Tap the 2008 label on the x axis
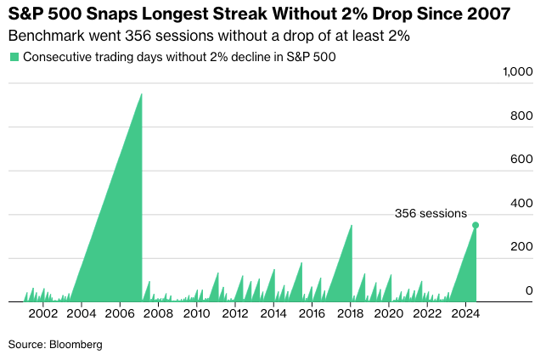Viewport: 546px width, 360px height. point(159,314)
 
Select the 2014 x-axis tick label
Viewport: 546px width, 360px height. point(273,314)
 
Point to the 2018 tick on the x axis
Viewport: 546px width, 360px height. point(351,314)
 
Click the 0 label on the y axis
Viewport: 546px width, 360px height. point(529,290)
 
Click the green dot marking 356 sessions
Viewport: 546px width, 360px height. point(476,225)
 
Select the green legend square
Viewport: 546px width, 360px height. point(14,57)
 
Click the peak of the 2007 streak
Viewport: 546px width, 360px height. point(141,93)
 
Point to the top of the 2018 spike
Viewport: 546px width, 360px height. point(352,225)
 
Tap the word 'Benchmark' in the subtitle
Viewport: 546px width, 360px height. point(42,37)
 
